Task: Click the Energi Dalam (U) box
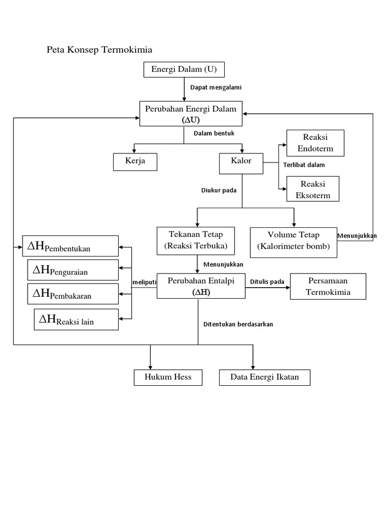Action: point(184,69)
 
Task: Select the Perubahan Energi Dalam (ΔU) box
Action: point(190,114)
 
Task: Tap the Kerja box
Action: point(135,162)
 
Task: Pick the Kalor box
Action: point(241,163)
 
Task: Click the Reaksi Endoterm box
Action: point(315,143)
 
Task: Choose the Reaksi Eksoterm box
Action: point(313,189)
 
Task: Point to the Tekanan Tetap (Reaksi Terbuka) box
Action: point(196,241)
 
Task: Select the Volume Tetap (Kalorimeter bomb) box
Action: point(294,242)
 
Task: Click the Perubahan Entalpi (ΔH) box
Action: point(201,286)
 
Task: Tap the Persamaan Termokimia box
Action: point(328,286)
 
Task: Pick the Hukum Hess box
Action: point(168,377)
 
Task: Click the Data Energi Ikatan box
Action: point(264,377)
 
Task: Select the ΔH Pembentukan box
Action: point(70,246)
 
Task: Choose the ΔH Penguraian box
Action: point(73,270)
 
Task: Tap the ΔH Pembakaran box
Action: point(73,294)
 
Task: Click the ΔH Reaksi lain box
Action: point(76,319)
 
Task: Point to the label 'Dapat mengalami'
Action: point(216,88)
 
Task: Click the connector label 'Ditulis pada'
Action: point(267,282)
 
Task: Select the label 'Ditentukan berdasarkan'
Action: point(238,324)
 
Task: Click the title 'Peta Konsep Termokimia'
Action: point(100,50)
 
